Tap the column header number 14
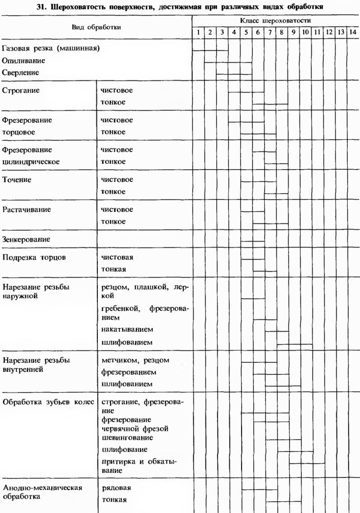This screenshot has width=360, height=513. (353, 32)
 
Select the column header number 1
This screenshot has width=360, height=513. (198, 32)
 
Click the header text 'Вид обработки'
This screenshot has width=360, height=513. (96, 27)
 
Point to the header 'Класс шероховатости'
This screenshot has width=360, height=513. (275, 22)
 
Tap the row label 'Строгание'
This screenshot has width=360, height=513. (21, 90)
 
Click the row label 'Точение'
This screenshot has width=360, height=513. (17, 180)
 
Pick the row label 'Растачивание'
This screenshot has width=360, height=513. (26, 210)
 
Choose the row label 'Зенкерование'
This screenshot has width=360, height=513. (26, 240)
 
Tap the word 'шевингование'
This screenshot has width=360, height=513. (127, 437)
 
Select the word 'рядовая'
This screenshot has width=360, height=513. (116, 488)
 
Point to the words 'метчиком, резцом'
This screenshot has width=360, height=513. (135, 360)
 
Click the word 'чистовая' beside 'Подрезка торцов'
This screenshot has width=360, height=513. (117, 257)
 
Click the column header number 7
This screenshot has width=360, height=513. (270, 32)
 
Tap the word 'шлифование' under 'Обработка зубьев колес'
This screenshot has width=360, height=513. (124, 449)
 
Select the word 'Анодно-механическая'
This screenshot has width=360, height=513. (43, 488)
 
